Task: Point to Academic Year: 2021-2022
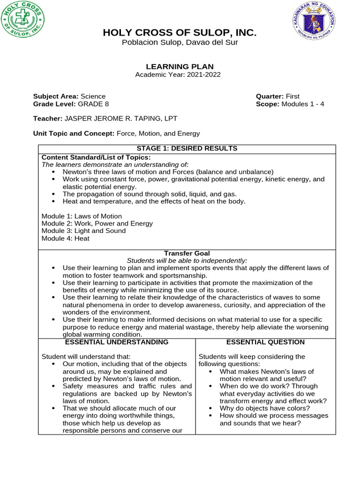[178, 75]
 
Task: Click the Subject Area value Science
[93, 97]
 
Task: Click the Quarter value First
[292, 97]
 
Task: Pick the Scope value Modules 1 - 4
[303, 104]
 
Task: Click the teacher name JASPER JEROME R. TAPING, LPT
[120, 119]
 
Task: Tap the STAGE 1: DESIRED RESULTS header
[187, 149]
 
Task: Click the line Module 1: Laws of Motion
[82, 216]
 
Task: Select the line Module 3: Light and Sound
[83, 231]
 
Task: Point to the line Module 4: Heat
[65, 238]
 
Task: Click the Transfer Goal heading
[187, 253]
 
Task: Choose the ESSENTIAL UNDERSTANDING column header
[117, 342]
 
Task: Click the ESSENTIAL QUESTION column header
[265, 342]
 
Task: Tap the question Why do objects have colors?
[265, 408]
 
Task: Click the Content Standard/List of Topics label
[96, 157]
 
